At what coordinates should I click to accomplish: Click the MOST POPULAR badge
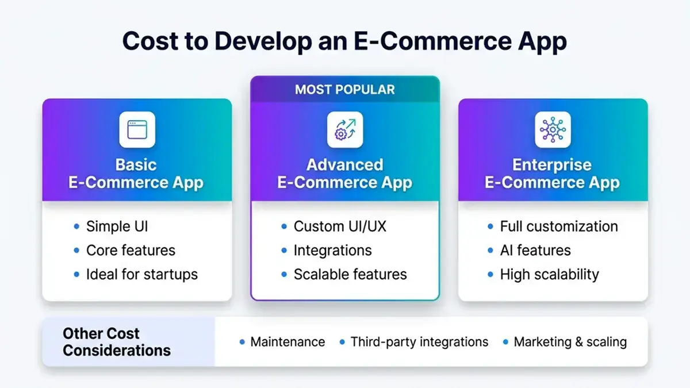[344, 90]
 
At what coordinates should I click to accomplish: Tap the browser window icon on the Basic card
[137, 129]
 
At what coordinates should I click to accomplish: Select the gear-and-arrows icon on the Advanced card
[345, 129]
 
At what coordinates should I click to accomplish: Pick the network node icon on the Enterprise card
[553, 129]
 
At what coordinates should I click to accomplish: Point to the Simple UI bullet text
[117, 226]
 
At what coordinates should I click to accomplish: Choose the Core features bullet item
[131, 251]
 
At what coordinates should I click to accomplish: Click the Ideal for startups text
[141, 275]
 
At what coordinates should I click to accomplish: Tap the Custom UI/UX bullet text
[340, 226]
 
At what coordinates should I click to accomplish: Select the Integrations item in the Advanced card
[332, 251]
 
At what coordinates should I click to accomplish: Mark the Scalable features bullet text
[350, 275]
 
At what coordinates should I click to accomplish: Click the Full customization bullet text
[558, 226]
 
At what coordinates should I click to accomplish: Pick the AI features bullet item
[535, 251]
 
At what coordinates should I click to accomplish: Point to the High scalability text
[549, 275]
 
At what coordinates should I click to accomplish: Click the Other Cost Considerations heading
[117, 342]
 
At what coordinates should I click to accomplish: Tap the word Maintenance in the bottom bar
[287, 342]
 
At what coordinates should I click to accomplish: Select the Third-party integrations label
[419, 342]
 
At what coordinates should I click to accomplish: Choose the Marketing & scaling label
[570, 342]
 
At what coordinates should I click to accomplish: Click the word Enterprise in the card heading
[551, 165]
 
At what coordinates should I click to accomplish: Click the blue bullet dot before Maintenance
[242, 343]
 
